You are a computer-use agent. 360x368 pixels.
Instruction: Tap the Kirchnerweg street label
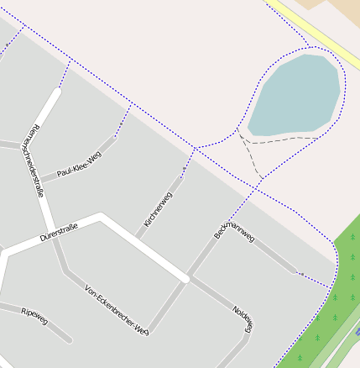(x=158, y=208)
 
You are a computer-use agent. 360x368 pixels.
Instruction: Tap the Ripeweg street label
(x=34, y=316)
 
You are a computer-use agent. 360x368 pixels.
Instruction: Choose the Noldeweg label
(x=243, y=317)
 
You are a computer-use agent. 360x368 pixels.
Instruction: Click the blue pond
(x=294, y=95)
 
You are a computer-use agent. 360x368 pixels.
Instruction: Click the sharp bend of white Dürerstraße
(x=102, y=218)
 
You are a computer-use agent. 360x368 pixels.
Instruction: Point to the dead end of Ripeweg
(x=69, y=340)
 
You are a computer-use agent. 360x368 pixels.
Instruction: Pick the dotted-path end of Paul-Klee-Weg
(x=115, y=135)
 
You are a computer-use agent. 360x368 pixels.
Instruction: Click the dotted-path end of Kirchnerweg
(x=181, y=178)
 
